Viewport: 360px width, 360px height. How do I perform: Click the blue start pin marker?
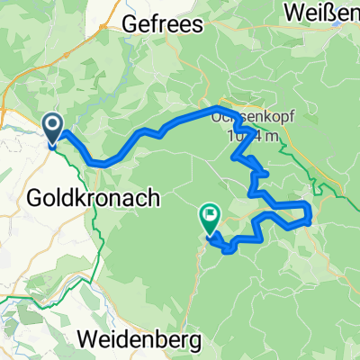coord(52,130)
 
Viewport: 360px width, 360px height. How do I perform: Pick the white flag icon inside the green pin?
coord(210,214)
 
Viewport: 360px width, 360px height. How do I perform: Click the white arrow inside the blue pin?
coord(52,125)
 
